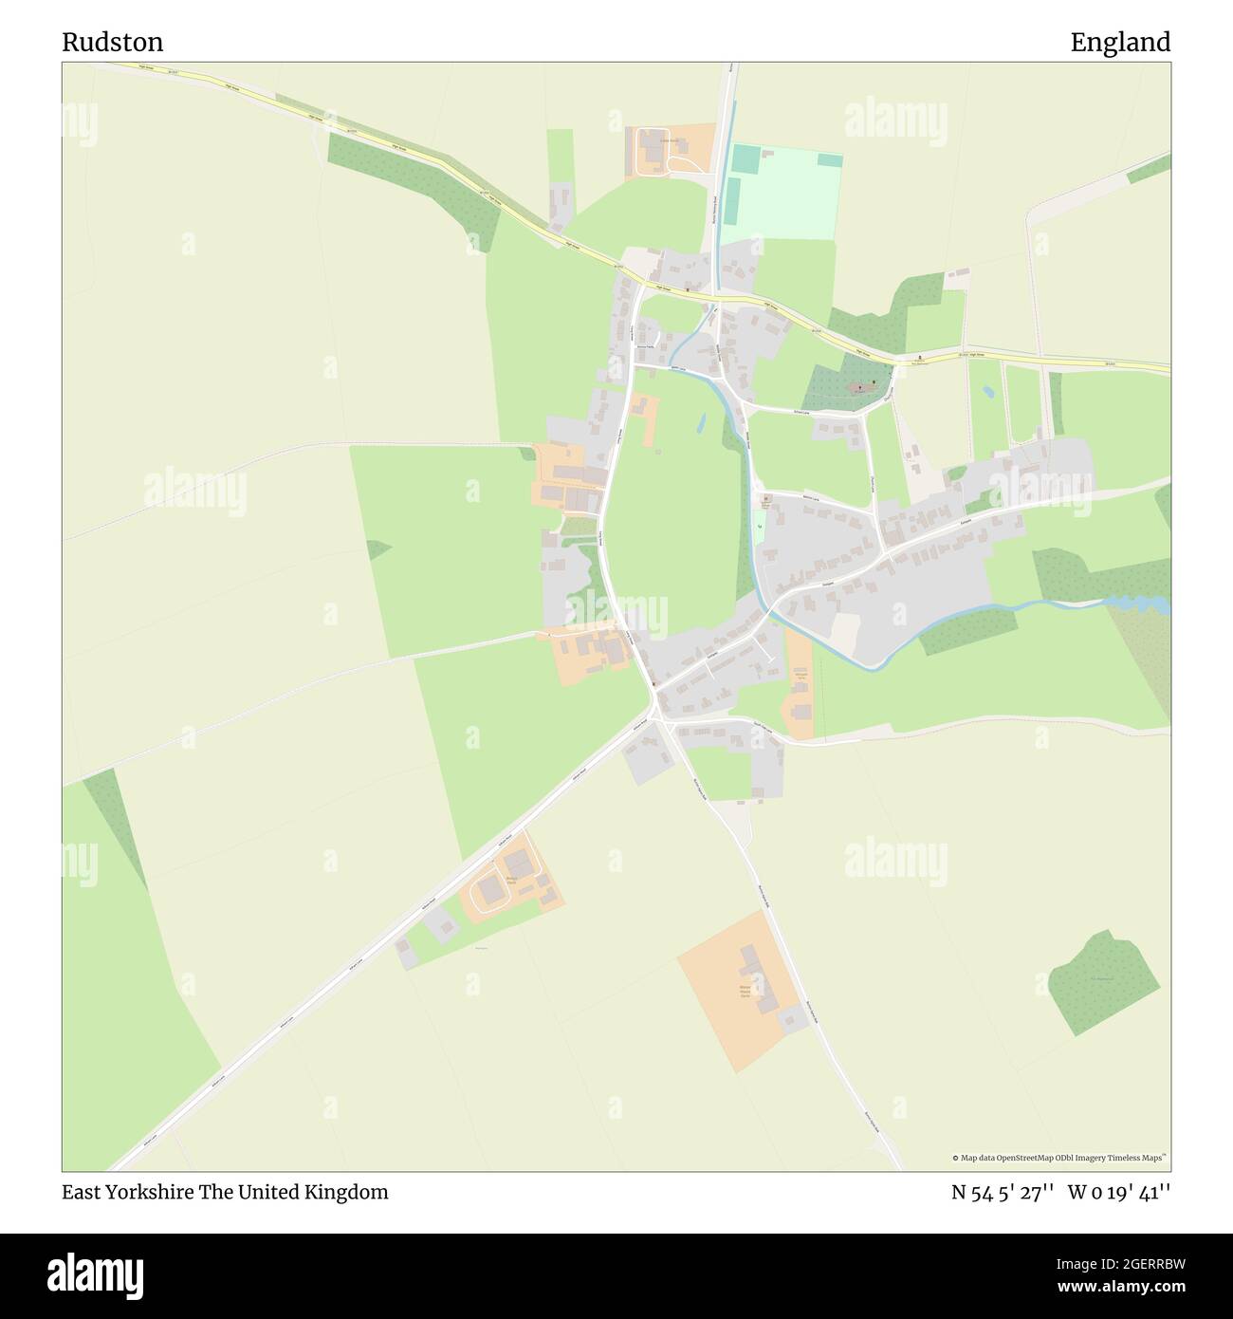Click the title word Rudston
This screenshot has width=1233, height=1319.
click(x=113, y=43)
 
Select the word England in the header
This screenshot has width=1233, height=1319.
click(x=1120, y=43)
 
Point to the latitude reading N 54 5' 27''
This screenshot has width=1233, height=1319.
click(x=1003, y=1193)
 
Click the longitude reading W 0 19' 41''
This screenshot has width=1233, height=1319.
click(x=1119, y=1193)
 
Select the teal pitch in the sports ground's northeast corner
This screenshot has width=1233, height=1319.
click(x=829, y=159)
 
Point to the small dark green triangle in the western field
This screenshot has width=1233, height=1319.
click(x=377, y=548)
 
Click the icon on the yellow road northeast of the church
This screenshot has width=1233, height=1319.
click(x=916, y=361)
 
